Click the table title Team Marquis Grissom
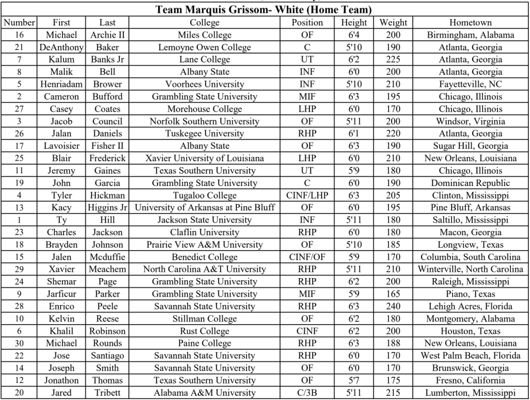[x=264, y=11]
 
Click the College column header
[x=205, y=23]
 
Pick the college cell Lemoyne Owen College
[x=205, y=48]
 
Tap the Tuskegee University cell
[x=205, y=134]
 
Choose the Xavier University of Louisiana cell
[x=205, y=158]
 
